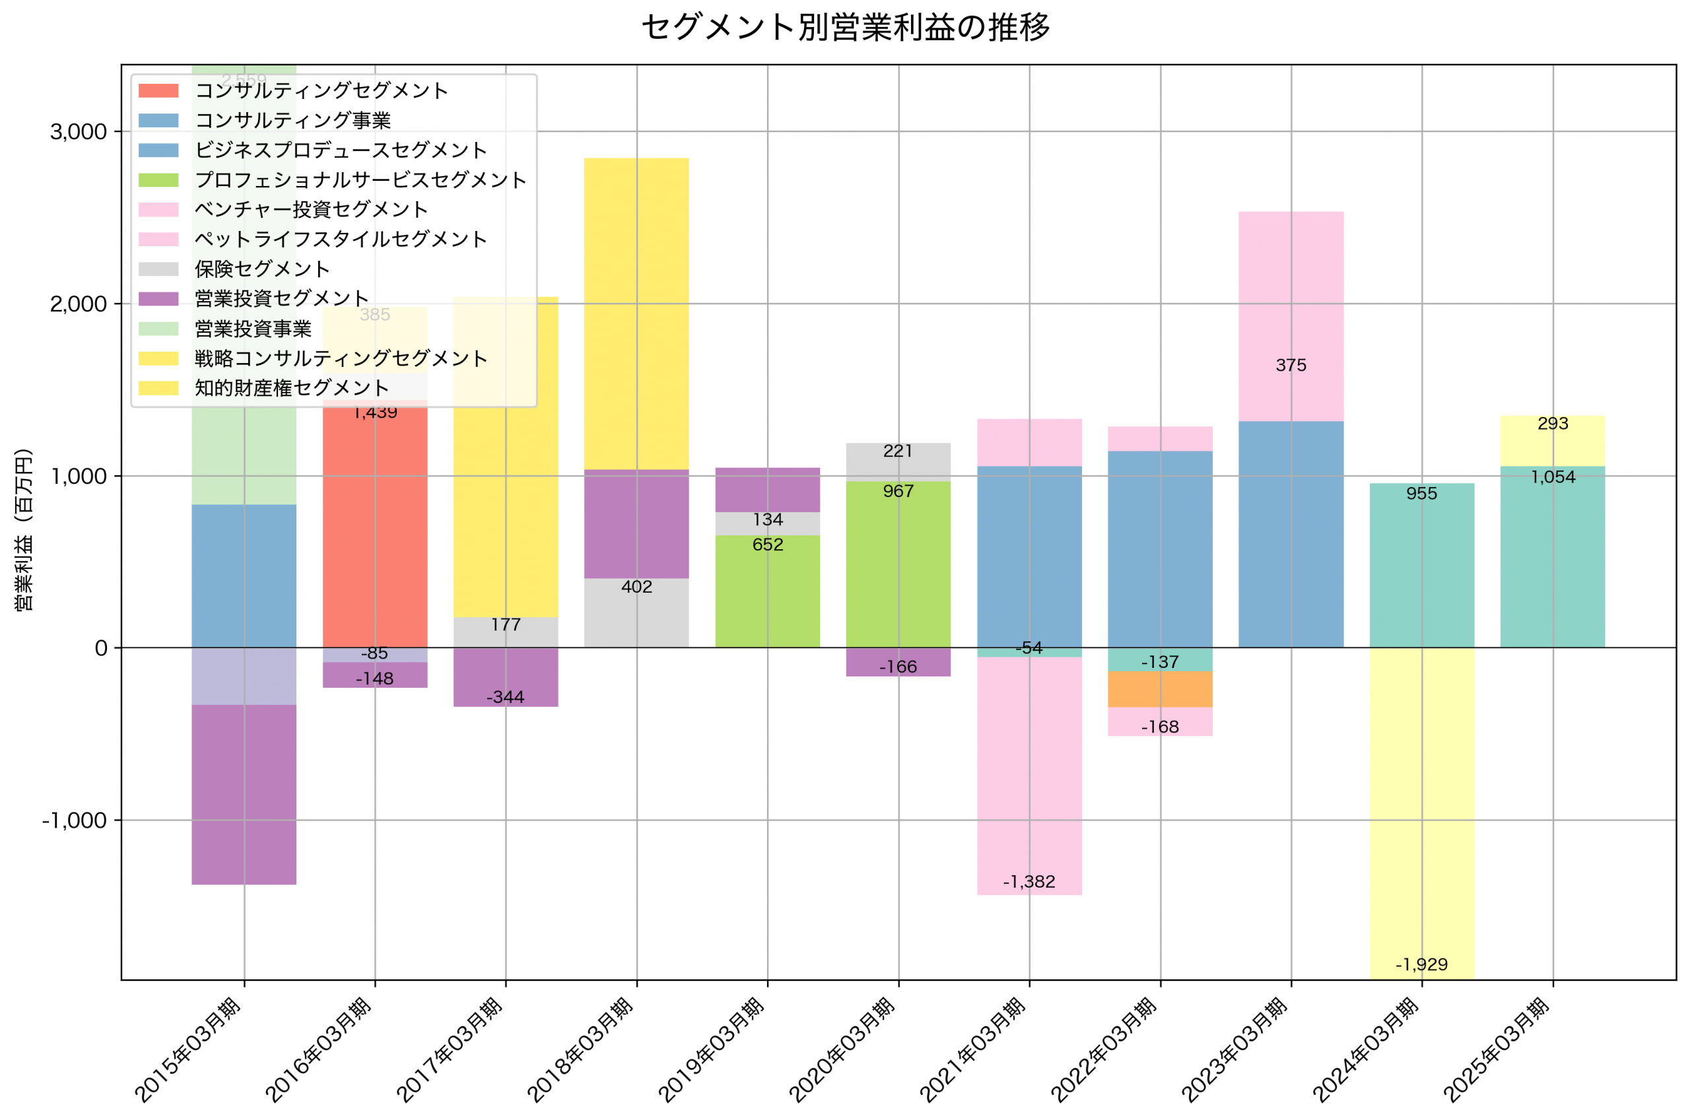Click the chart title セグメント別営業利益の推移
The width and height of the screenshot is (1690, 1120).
click(845, 27)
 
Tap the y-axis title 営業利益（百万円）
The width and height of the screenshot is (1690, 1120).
click(24, 530)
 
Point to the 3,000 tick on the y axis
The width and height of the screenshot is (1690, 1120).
click(78, 132)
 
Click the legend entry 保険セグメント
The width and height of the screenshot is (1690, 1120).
click(261, 269)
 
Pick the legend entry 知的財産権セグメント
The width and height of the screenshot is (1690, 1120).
click(291, 388)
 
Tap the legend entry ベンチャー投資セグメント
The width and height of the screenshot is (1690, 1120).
click(311, 209)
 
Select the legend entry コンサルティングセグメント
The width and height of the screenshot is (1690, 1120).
click(321, 90)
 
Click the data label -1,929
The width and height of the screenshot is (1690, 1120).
click(1421, 964)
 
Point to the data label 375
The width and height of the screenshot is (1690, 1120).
click(1290, 366)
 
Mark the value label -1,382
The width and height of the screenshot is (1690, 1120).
click(1029, 882)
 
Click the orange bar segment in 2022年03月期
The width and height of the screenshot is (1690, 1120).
click(1159, 689)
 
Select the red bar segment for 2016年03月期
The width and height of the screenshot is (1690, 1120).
click(375, 529)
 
